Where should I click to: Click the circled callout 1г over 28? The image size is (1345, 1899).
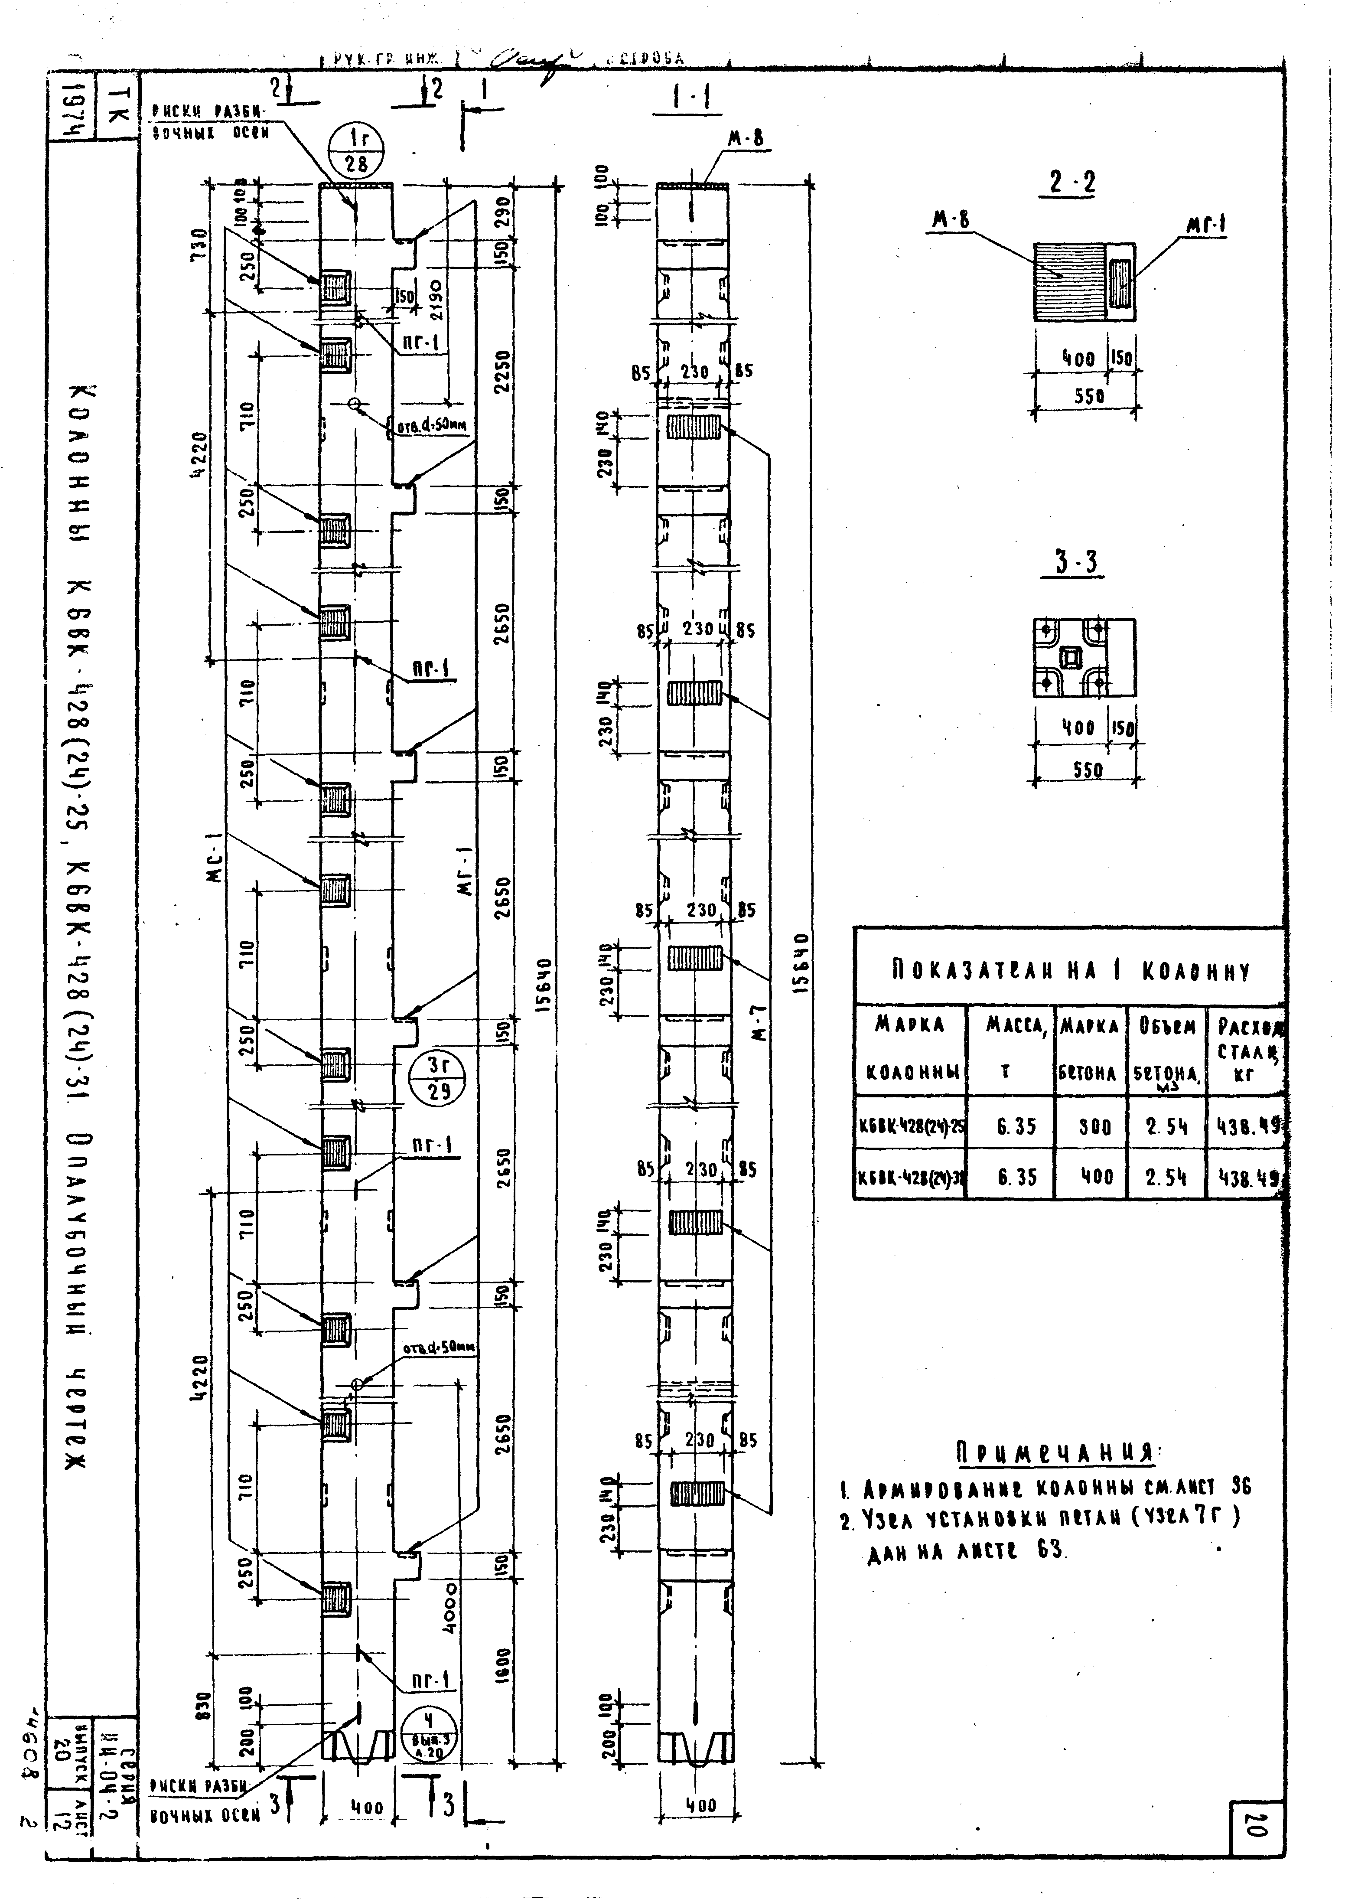[356, 151]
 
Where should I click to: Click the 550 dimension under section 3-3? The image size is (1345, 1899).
[1088, 770]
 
